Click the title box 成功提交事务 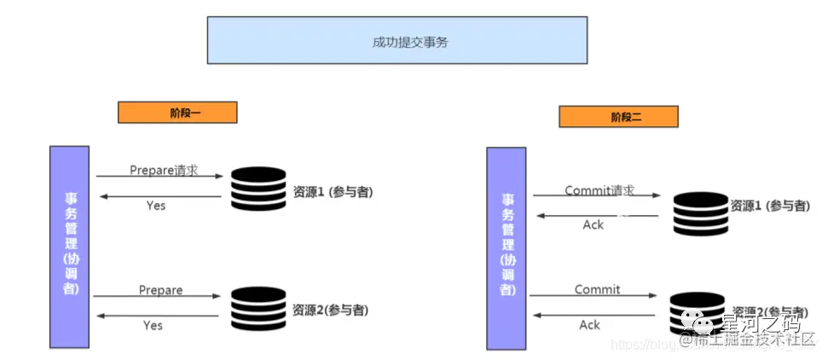pos(397,40)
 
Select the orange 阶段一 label pos(177,112)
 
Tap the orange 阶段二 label pos(618,117)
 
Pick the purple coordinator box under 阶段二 pos(507,248)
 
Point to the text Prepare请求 pos(163,170)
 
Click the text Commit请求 pos(599,190)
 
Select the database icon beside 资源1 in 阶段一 pos(258,189)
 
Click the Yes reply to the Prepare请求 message pos(155,206)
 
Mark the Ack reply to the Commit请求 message pos(593,224)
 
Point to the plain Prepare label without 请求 pos(160,290)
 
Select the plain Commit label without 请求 pos(597,290)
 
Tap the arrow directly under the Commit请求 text pos(596,196)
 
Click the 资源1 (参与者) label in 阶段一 pos(333,192)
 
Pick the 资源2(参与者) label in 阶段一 pos(331,310)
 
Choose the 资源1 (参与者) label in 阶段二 pos(769,206)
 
